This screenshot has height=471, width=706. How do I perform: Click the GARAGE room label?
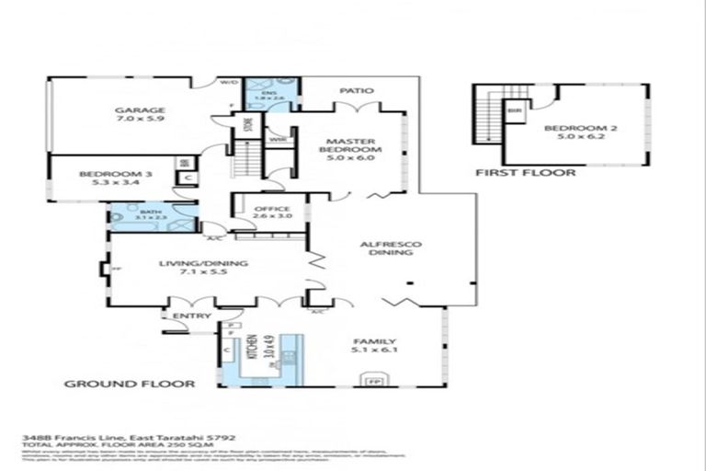coord(140,110)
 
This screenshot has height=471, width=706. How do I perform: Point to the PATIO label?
coord(355,91)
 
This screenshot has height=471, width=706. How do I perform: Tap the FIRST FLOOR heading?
coord(525,172)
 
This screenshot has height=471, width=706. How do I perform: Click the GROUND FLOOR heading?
coord(129,384)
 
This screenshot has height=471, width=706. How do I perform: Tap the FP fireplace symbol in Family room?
coord(373,379)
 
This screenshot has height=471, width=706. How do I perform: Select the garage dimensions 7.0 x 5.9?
coord(140,121)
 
